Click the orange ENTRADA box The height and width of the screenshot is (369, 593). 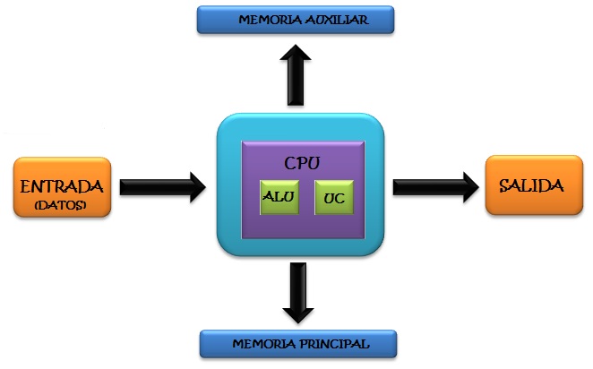tap(63, 187)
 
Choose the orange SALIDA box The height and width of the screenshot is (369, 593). tap(531, 185)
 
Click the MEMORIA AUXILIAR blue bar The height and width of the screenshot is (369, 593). tap(296, 20)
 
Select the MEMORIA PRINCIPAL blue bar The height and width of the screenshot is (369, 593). tap(296, 343)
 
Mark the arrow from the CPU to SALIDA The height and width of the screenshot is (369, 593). tap(434, 186)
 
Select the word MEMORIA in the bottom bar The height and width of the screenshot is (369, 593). tap(260, 343)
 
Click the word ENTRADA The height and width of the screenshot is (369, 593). tap(63, 187)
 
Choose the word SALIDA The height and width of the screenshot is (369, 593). tap(531, 186)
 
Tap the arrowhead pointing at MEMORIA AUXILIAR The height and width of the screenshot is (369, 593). tap(296, 58)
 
